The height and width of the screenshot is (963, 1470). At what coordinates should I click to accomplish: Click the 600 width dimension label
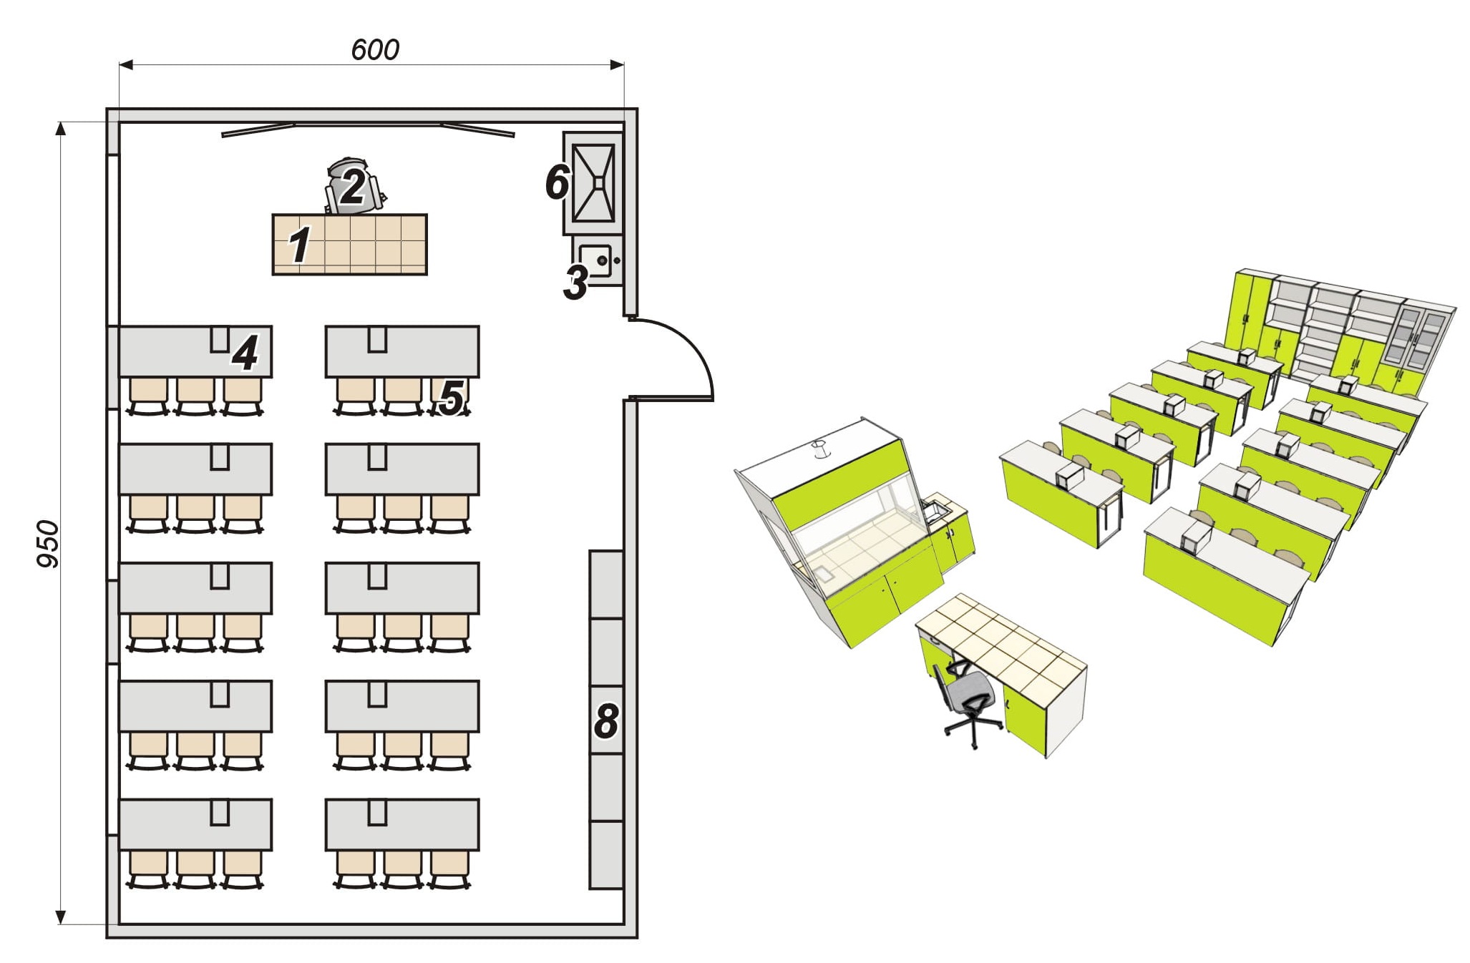(x=375, y=49)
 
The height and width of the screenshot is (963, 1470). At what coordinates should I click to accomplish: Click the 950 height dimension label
(x=48, y=544)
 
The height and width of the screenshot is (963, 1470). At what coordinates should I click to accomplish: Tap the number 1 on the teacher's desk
(x=300, y=244)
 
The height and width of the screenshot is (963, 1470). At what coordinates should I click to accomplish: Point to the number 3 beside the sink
(x=575, y=283)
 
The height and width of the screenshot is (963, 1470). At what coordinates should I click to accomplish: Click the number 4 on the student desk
(x=245, y=353)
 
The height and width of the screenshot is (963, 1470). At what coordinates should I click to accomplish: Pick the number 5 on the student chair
(x=452, y=397)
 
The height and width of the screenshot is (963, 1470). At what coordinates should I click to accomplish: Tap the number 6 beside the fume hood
(x=557, y=182)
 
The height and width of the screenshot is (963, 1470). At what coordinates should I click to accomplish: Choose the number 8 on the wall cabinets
(x=605, y=720)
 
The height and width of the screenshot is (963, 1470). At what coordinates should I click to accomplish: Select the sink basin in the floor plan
(x=595, y=260)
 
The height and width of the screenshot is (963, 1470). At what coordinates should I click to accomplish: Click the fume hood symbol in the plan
(x=594, y=182)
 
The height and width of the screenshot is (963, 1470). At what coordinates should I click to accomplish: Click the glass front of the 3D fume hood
(x=859, y=529)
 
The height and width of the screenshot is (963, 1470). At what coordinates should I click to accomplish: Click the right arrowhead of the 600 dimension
(x=616, y=65)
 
